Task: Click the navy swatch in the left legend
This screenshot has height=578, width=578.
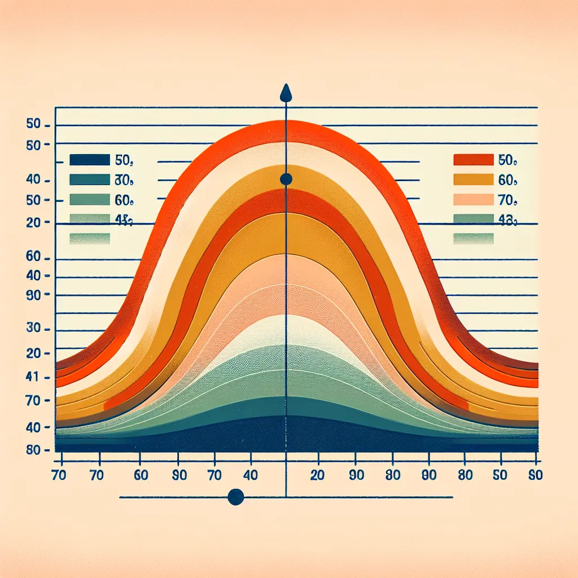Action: point(89,160)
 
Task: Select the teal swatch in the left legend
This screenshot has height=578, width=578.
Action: point(89,180)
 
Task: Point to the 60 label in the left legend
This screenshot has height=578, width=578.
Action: point(123,200)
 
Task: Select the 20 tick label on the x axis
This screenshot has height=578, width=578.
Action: point(317,475)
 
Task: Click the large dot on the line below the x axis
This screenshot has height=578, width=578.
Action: point(235,497)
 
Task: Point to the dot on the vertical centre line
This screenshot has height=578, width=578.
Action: point(286,179)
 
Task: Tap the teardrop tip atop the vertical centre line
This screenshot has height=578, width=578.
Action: point(286,93)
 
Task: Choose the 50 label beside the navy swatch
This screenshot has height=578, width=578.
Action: point(123,160)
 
